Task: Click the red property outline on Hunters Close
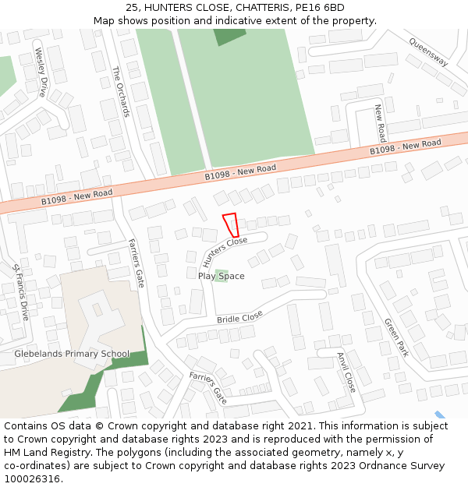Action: tap(231, 224)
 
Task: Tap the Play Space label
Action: tap(221, 277)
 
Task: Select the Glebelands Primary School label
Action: tap(72, 354)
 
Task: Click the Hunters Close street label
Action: tap(225, 251)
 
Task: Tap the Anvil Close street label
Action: tap(346, 372)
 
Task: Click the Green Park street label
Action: tap(396, 337)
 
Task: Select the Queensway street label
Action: tap(428, 52)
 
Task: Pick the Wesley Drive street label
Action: tap(41, 72)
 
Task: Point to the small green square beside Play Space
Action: tap(222, 276)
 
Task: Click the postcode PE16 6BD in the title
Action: tap(320, 8)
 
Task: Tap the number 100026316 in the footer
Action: tap(32, 478)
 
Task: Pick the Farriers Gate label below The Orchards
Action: tap(136, 263)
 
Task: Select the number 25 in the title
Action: tap(132, 8)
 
